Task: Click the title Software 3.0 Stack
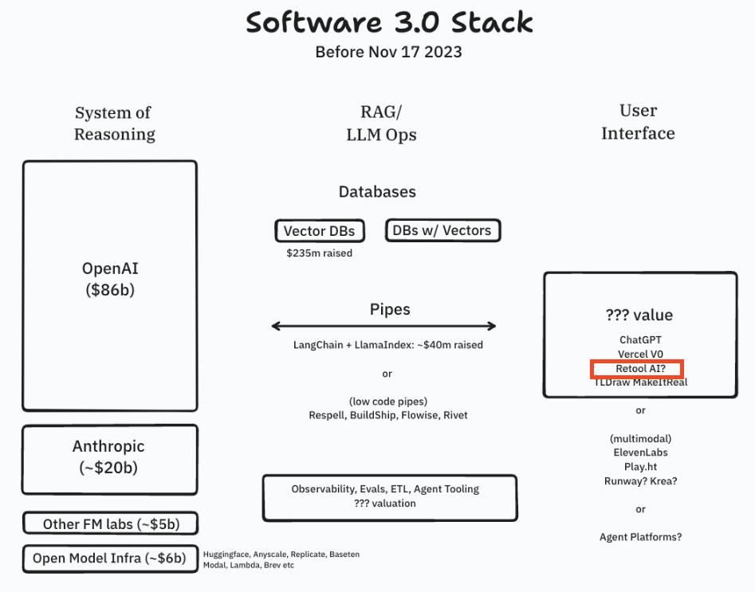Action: (388, 22)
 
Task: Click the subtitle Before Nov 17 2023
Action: (388, 53)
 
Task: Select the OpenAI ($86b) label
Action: (110, 279)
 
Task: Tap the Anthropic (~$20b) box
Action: (110, 457)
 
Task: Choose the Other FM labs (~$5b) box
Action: (109, 524)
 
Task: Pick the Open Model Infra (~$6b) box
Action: (109, 559)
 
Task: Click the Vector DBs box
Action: (319, 232)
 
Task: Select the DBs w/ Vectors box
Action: (442, 231)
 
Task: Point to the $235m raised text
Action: (319, 253)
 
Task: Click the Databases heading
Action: (377, 192)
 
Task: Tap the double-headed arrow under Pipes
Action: (384, 326)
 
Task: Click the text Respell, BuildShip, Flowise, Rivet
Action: (388, 415)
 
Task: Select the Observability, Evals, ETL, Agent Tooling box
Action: (390, 496)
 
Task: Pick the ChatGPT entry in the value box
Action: (639, 339)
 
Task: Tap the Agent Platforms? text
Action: (640, 537)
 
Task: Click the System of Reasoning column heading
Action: (114, 123)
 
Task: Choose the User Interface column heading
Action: (638, 122)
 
